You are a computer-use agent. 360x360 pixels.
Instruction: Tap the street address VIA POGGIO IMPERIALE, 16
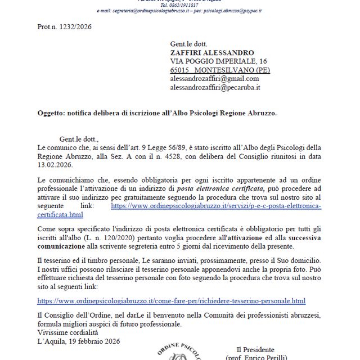pos(218,61)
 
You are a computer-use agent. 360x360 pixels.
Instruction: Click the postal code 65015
pos(181,70)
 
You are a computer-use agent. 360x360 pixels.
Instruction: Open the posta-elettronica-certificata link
pos(216,206)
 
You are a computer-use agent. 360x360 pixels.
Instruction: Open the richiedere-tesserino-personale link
pos(171,301)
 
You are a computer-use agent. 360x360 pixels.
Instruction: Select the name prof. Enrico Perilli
pos(259,357)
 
